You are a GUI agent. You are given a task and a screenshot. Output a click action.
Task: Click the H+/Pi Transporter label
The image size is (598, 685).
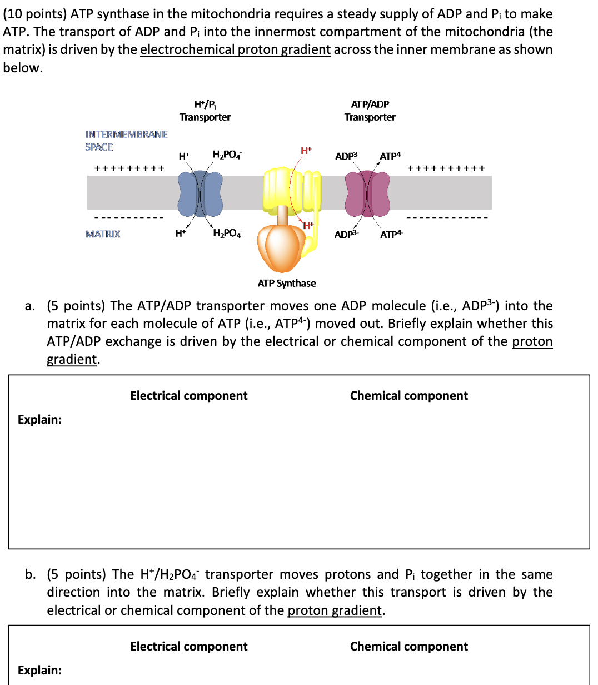click(x=205, y=111)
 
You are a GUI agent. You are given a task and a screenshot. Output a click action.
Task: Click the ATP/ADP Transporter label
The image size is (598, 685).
click(x=370, y=111)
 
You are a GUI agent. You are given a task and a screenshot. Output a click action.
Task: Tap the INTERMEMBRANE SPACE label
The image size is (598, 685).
click(x=126, y=141)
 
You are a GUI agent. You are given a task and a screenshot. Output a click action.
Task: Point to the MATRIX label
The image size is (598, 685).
click(x=102, y=234)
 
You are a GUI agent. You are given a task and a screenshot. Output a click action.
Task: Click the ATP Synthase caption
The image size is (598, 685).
click(x=287, y=284)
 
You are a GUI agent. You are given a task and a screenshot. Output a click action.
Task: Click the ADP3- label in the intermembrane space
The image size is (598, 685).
click(x=347, y=156)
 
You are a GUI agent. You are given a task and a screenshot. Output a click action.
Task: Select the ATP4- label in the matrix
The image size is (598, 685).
click(x=391, y=234)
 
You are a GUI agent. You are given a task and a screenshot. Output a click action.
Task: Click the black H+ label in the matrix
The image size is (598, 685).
click(x=180, y=234)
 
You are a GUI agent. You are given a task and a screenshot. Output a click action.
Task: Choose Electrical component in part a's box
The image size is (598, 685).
click(x=189, y=396)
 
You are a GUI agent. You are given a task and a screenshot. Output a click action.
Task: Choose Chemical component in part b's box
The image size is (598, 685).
click(x=408, y=647)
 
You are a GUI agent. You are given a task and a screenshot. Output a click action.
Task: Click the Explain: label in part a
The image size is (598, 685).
click(x=39, y=419)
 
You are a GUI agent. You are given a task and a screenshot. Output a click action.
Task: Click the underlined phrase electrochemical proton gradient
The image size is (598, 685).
click(x=235, y=49)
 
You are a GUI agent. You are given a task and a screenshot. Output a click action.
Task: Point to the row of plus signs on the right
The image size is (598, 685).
click(x=446, y=168)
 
